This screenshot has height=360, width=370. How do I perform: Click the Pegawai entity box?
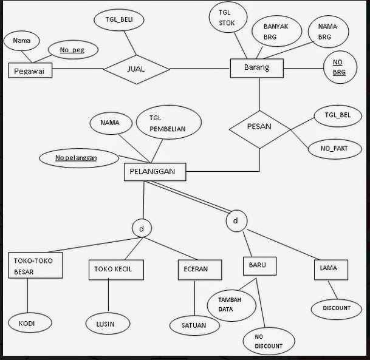tap(30, 71)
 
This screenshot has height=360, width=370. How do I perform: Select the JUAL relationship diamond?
tap(136, 69)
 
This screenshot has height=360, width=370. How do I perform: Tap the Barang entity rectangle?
tap(257, 68)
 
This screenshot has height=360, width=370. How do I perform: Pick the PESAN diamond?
tap(259, 128)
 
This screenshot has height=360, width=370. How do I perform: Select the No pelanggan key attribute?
tap(77, 158)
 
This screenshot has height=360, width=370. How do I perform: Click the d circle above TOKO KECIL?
tap(142, 229)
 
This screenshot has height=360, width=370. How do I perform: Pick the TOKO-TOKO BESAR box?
tap(35, 265)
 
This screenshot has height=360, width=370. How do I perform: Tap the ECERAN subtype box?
tap(195, 269)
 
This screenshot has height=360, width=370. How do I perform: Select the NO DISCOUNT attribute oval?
tap(269, 342)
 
